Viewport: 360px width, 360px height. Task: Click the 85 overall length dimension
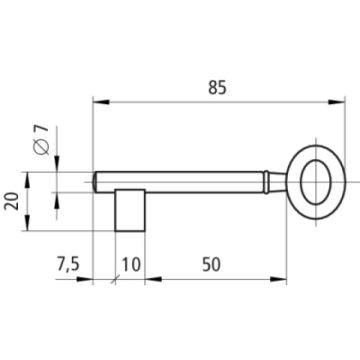tap(217, 88)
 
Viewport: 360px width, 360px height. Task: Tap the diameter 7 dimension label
tap(42, 140)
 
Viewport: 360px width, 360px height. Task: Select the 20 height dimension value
tap(12, 201)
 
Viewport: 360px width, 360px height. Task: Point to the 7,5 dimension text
tap(68, 265)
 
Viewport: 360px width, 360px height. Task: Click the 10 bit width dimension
tap(131, 265)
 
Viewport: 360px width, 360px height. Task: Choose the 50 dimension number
tap(211, 265)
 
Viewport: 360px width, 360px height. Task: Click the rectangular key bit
tap(130, 210)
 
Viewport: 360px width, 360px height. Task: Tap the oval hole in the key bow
tap(315, 182)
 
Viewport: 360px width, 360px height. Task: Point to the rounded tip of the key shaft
tap(95, 182)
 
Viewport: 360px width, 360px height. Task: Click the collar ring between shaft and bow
tap(266, 182)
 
